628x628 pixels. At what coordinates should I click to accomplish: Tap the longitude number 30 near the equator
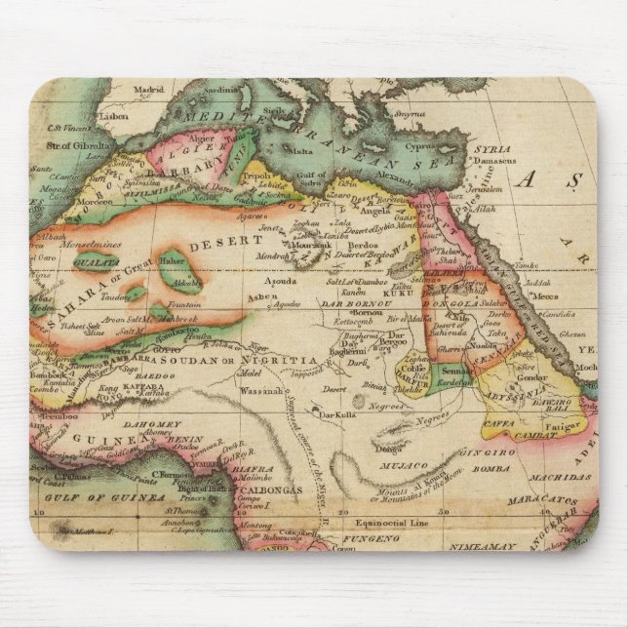[x=445, y=510]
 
